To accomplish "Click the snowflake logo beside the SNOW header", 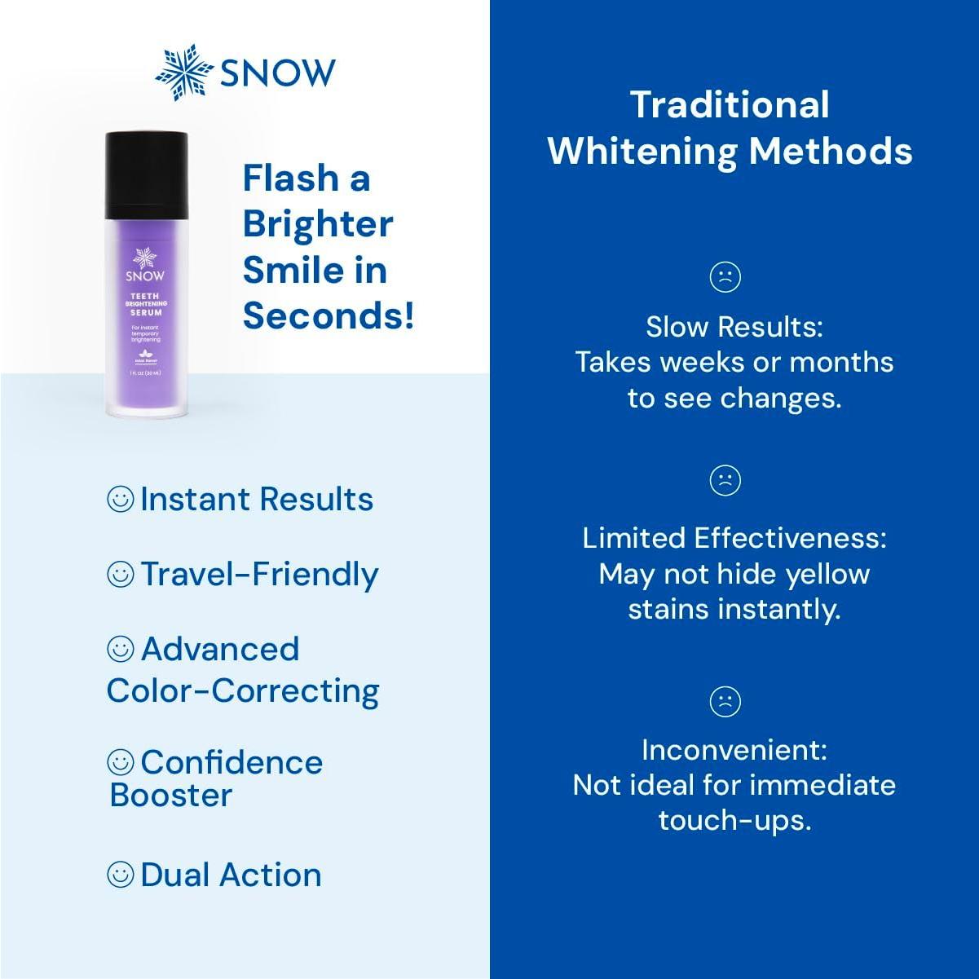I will coord(183,73).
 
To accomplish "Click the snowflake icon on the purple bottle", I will coord(145,258).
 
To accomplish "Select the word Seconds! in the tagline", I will coord(329,315).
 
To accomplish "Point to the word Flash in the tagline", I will coord(291,179).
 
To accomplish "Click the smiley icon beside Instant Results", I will coord(121,499).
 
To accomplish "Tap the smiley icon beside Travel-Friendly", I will coord(121,574).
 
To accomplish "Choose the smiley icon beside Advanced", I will coord(121,649).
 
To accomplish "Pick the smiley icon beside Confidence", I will coord(121,762).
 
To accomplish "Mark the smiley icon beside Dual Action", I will coord(121,875).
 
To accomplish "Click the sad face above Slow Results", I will coord(725,276).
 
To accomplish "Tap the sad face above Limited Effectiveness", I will coord(725,479).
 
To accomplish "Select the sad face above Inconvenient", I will coord(725,701).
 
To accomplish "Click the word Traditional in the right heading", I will coord(730,105).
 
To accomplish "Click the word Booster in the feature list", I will coord(171,796).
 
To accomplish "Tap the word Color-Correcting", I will coord(243,691).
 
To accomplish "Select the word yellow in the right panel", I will coord(827,574).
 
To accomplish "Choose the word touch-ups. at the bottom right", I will coord(734,821).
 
